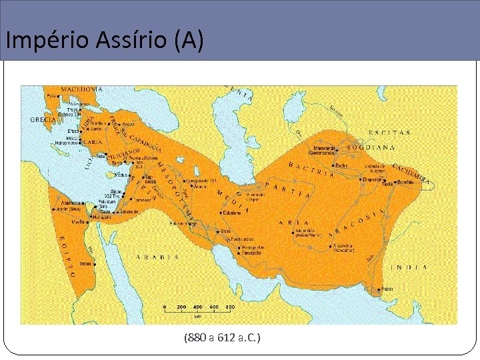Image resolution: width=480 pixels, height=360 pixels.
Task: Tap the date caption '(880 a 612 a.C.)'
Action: pyautogui.click(x=222, y=338)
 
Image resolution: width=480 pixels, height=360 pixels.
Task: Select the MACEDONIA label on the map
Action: pyautogui.click(x=82, y=89)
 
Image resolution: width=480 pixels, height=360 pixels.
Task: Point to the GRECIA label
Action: pyautogui.click(x=43, y=119)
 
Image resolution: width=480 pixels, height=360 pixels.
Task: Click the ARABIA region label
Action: pyautogui.click(x=158, y=257)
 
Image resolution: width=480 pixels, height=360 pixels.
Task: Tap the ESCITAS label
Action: pyautogui.click(x=389, y=133)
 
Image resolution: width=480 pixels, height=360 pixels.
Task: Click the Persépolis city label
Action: pyautogui.click(x=253, y=253)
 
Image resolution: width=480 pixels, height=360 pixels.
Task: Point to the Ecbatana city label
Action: pyautogui.click(x=232, y=213)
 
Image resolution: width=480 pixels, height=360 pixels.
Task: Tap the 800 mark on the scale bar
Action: pyautogui.click(x=229, y=307)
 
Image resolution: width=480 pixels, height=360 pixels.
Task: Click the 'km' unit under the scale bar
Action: pyautogui.click(x=197, y=315)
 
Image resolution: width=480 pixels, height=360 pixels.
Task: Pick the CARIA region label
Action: pyautogui.click(x=94, y=142)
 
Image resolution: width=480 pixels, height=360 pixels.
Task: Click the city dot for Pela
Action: pyautogui.click(x=59, y=95)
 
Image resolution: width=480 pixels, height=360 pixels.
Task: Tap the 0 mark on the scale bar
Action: pyautogui.click(x=165, y=307)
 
